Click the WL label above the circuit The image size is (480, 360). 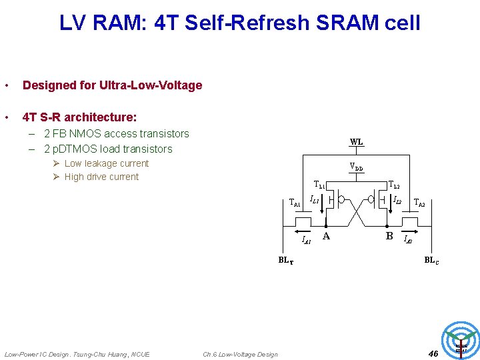(357, 141)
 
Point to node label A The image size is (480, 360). (326, 236)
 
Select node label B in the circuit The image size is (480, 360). (389, 236)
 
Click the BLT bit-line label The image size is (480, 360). (285, 260)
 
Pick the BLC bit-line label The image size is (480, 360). (431, 260)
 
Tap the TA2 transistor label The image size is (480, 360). (419, 203)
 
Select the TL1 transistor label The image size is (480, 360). (320, 185)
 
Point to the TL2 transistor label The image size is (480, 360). (393, 185)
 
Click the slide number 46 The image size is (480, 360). (433, 353)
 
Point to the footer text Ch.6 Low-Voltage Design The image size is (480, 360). (240, 354)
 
